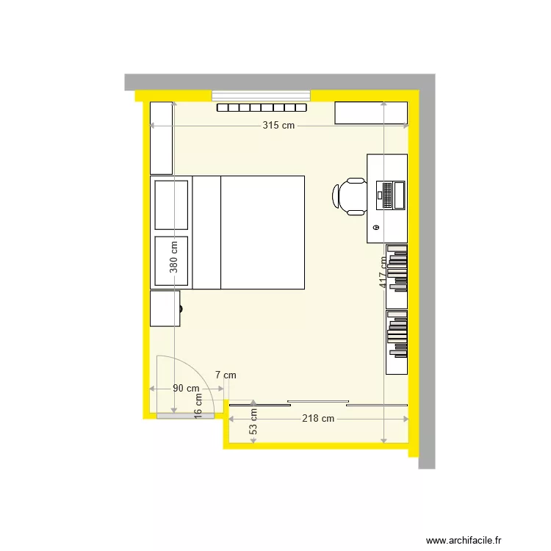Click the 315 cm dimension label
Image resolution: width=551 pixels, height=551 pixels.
(278, 126)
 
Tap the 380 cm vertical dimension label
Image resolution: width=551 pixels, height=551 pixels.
(174, 257)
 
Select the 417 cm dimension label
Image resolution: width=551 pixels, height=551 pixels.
(383, 272)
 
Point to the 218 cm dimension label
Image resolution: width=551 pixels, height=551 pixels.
(318, 419)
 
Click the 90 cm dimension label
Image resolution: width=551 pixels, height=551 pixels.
(186, 389)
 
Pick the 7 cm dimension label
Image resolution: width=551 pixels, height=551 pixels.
(226, 375)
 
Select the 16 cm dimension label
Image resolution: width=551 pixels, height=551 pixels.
(198, 405)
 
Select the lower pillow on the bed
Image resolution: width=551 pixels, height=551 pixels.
(171, 260)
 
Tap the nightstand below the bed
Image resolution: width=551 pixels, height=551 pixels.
(165, 308)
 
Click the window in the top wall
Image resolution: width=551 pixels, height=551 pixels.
(262, 96)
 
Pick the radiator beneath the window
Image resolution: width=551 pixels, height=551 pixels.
(262, 108)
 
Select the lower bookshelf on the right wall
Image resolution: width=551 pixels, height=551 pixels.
(397, 342)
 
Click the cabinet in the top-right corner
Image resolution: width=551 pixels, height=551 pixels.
(371, 113)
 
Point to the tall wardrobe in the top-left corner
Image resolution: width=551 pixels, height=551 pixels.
(161, 138)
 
